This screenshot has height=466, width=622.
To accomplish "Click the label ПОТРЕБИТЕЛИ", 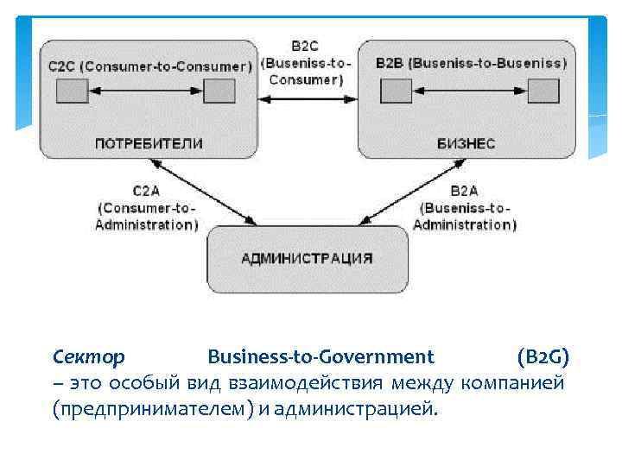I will point(149,143).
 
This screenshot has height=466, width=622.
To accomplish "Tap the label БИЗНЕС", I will point(466,143).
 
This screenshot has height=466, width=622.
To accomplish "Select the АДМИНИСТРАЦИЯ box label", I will point(307,257).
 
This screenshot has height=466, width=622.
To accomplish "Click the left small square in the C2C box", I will point(73,91).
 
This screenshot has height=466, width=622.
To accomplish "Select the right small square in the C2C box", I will point(219,91).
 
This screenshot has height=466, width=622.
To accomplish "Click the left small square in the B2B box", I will point(397,91).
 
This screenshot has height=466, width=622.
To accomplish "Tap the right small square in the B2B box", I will point(543,91).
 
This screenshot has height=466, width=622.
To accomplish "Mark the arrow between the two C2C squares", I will point(145,91).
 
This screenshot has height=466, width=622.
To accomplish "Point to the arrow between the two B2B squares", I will point(470,91).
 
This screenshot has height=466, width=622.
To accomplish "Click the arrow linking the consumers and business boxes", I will point(308,99).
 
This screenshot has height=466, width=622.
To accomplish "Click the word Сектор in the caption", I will point(88,356).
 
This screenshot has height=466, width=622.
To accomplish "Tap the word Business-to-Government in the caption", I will point(321,356).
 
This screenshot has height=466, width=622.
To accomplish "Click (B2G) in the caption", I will point(543,356).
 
